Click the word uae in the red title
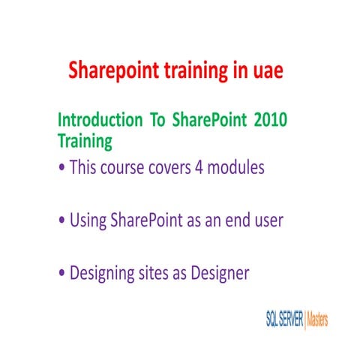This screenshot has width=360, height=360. pyautogui.click(x=262, y=71)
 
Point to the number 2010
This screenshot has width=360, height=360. pyautogui.click(x=266, y=120)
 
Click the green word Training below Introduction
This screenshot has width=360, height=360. pyautogui.click(x=85, y=139)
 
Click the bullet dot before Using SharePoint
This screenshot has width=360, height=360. pyautogui.click(x=61, y=221)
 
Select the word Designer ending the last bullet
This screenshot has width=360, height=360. pyautogui.click(x=221, y=274)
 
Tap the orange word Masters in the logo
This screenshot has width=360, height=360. pyautogui.click(x=317, y=320)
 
